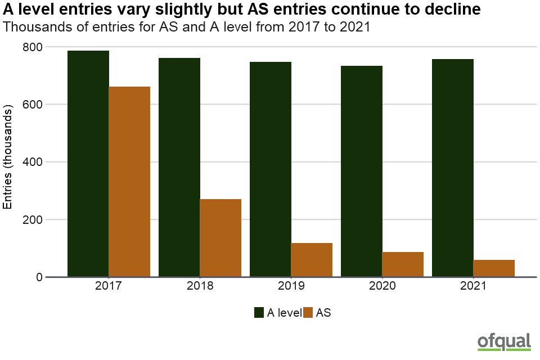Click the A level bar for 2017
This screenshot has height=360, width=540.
(88, 163)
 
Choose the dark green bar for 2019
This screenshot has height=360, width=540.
(271, 169)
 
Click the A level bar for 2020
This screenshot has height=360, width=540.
(362, 171)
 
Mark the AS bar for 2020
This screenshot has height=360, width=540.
(403, 264)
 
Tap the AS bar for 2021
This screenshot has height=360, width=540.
(494, 268)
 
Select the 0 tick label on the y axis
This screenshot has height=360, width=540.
(38, 277)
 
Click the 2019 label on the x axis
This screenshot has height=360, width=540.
(291, 286)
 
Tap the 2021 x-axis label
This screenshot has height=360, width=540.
(473, 286)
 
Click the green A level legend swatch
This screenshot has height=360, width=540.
(259, 313)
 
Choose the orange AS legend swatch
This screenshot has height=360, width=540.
(308, 313)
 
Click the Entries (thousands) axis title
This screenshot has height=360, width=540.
(8, 156)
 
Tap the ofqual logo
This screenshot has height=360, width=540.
(504, 341)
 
